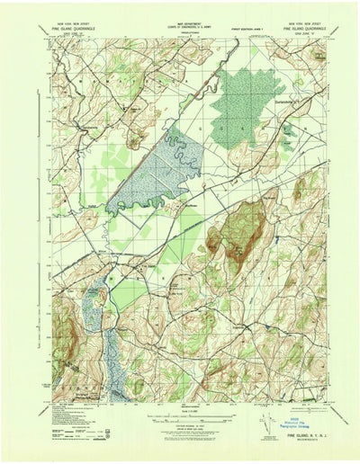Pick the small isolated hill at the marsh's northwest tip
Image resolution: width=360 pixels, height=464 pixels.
pos(135,137)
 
